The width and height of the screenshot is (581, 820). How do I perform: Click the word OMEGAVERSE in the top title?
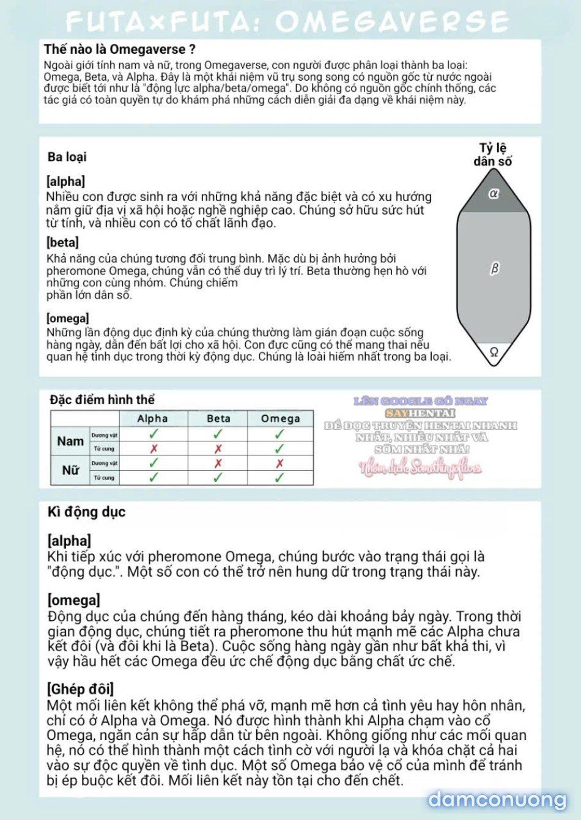[x=391, y=23]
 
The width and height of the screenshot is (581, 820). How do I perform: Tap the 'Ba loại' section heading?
[x=67, y=157]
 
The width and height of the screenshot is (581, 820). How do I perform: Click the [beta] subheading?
[x=62, y=243]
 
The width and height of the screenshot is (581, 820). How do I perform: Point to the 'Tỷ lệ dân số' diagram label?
[x=493, y=155]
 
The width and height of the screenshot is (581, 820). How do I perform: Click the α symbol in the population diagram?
[x=494, y=193]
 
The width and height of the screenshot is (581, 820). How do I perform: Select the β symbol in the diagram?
[x=495, y=268]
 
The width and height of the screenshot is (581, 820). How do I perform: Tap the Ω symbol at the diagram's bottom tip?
[x=494, y=352]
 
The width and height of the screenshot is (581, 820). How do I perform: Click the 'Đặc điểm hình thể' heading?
[x=102, y=400]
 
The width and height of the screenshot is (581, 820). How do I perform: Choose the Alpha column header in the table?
[x=152, y=419]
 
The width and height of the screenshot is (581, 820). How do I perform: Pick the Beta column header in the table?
[x=218, y=419]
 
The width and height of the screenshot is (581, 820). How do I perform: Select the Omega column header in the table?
[x=280, y=419]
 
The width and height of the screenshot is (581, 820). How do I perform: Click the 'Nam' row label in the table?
[x=70, y=441]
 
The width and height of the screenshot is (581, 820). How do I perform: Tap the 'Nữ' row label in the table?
[x=70, y=470]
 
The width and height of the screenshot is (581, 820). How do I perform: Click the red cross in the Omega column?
[x=279, y=464]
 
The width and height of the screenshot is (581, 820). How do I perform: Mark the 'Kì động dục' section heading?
[x=86, y=512]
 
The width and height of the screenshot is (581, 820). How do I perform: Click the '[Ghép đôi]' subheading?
[x=80, y=690]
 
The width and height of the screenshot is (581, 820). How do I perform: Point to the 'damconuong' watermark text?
[x=497, y=800]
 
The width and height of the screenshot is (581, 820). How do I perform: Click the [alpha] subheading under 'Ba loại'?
[x=65, y=182]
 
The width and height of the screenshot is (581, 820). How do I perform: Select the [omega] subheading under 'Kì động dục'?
[x=73, y=600]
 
